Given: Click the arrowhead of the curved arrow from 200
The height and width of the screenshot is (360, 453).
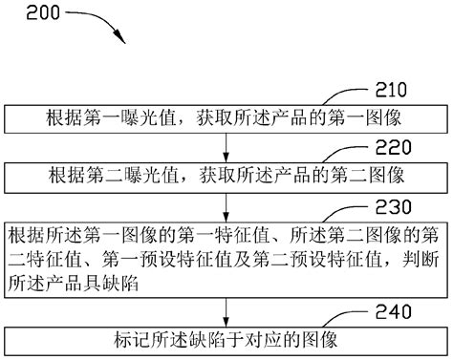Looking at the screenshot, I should tap(121, 38).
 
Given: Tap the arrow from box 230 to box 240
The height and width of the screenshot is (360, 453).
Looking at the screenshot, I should tap(226, 311).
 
